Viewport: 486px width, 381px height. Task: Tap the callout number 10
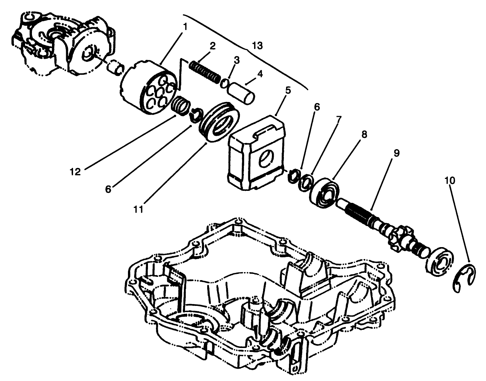[x=449, y=180]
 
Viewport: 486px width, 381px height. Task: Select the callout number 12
[x=75, y=171]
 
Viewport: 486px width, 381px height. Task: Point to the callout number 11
[x=138, y=209]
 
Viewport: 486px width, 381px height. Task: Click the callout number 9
[x=396, y=153]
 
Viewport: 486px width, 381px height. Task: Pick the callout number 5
[x=288, y=90]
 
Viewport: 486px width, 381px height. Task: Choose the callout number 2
[x=212, y=46]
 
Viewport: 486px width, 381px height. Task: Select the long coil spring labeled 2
[x=205, y=70]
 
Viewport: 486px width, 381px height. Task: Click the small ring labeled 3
[x=225, y=83]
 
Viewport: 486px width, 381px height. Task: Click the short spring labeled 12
[x=180, y=105]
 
